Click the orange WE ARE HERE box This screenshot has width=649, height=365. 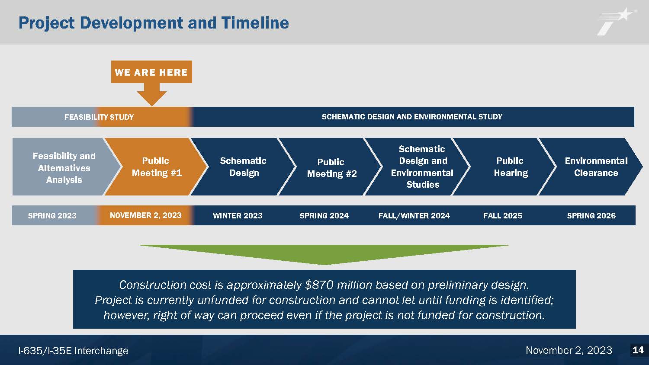(151, 72)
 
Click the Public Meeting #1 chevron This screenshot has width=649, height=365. (156, 166)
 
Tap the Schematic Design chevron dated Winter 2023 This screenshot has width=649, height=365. (243, 166)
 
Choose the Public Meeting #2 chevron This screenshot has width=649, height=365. (331, 167)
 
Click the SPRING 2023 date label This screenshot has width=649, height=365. (52, 215)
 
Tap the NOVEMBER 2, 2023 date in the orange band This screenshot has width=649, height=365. (145, 215)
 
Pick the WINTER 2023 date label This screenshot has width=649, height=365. (238, 215)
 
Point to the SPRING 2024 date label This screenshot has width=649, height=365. (324, 215)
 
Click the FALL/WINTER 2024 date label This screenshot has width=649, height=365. (414, 215)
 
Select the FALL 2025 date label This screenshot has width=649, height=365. (503, 215)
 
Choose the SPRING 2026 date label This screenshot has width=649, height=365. (591, 215)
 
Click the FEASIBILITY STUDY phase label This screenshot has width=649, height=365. (99, 117)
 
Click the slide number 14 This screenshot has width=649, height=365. (638, 350)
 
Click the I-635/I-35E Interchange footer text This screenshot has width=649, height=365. (73, 351)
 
